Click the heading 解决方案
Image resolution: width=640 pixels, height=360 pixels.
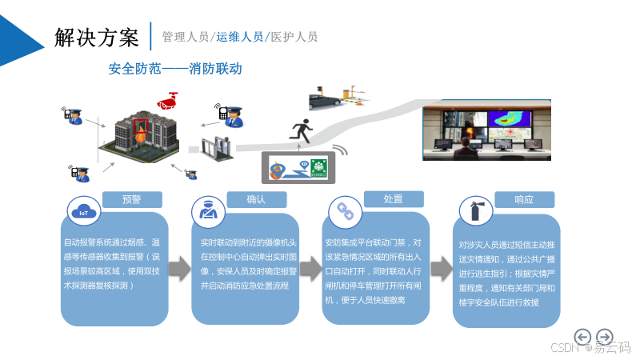coord(97,37)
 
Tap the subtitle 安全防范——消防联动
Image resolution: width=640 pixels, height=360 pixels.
coord(175,70)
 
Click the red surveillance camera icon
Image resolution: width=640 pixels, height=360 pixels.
coord(168,102)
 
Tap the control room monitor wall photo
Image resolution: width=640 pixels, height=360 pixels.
coord(486,129)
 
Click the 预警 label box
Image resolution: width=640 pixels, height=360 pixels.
coord(132,199)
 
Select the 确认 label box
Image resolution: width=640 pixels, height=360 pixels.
coord(256,199)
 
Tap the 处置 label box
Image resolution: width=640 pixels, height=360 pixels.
coord(393,198)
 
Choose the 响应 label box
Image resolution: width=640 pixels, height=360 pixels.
coord(524,199)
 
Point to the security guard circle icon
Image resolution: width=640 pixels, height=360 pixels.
coord(207,211)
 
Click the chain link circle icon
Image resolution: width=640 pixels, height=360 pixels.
coord(345,211)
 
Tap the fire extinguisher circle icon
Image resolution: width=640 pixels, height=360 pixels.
coord(475,212)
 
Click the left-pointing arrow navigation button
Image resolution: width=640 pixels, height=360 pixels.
coord(583,337)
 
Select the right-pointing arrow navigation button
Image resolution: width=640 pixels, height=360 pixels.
coord(606,337)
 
